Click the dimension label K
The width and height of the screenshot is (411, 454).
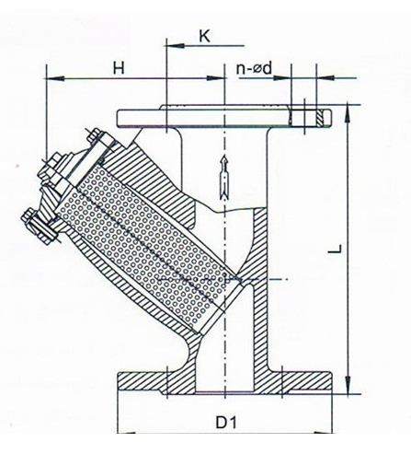(204, 36)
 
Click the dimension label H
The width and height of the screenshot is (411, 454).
(119, 68)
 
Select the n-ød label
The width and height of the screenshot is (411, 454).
(254, 68)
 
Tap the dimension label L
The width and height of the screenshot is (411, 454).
(336, 249)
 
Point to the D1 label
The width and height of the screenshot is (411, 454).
(226, 423)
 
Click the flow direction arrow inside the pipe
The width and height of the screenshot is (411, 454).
(224, 176)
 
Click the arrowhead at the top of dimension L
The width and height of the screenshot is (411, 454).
(348, 114)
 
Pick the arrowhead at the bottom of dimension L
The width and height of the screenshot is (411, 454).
(348, 384)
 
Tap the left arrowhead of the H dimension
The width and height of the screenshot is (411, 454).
(55, 78)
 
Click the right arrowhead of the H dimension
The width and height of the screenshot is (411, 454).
(216, 78)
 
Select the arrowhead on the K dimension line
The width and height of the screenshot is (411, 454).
(175, 46)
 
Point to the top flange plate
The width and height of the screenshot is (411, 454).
(224, 118)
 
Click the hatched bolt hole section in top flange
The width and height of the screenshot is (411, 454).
(320, 118)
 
